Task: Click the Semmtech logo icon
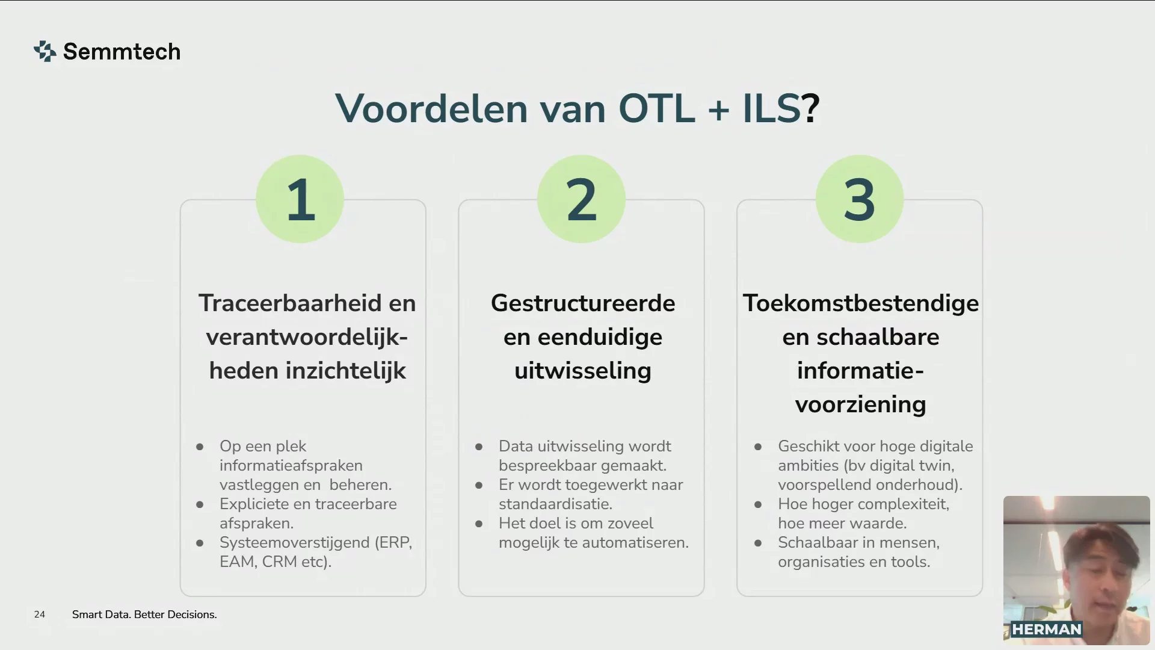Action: pos(45,51)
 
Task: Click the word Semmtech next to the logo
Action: pos(122,52)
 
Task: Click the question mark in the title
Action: pos(811,109)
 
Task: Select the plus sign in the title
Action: pos(718,110)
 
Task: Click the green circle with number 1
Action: pos(300,199)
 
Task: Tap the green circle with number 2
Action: pos(581,199)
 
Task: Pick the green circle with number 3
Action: pos(860,199)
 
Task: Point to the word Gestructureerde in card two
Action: pos(583,303)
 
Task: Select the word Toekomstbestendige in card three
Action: pos(861,304)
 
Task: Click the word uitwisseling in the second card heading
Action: pos(583,371)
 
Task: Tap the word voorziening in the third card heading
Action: pos(861,404)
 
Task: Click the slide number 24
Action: pos(40,614)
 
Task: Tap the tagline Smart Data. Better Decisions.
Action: pos(144,614)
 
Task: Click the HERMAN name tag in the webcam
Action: pos(1047,630)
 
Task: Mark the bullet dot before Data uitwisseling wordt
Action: pos(479,447)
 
